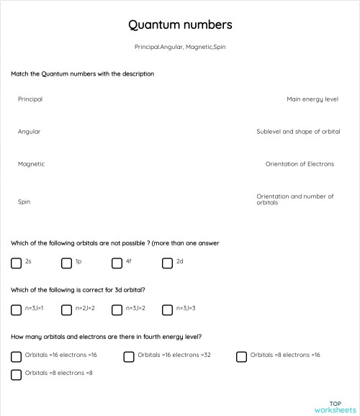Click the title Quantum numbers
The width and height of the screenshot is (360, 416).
[180, 25]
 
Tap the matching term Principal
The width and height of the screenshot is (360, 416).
[30, 99]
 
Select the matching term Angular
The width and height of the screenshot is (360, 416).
[29, 132]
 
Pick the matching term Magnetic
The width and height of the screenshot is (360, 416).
[31, 164]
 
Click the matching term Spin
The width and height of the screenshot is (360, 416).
[24, 202]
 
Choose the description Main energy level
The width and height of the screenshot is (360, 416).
[312, 99]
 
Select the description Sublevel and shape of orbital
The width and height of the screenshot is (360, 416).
[298, 132]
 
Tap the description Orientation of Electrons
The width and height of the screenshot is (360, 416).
[300, 164]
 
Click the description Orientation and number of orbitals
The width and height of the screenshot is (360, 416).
[295, 199]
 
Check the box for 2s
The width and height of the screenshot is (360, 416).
[16, 263]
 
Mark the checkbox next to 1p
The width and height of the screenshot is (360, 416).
[66, 263]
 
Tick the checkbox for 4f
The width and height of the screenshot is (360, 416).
[117, 263]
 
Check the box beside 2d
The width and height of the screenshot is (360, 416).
[167, 263]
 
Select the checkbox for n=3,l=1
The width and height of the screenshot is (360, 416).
[16, 310]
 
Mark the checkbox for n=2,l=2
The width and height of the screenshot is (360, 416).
[66, 310]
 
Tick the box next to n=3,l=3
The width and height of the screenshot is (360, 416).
[167, 310]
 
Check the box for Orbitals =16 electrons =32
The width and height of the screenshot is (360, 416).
[129, 356]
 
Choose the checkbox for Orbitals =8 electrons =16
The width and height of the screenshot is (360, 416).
[241, 356]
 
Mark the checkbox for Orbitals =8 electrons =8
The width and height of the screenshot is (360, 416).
[16, 374]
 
